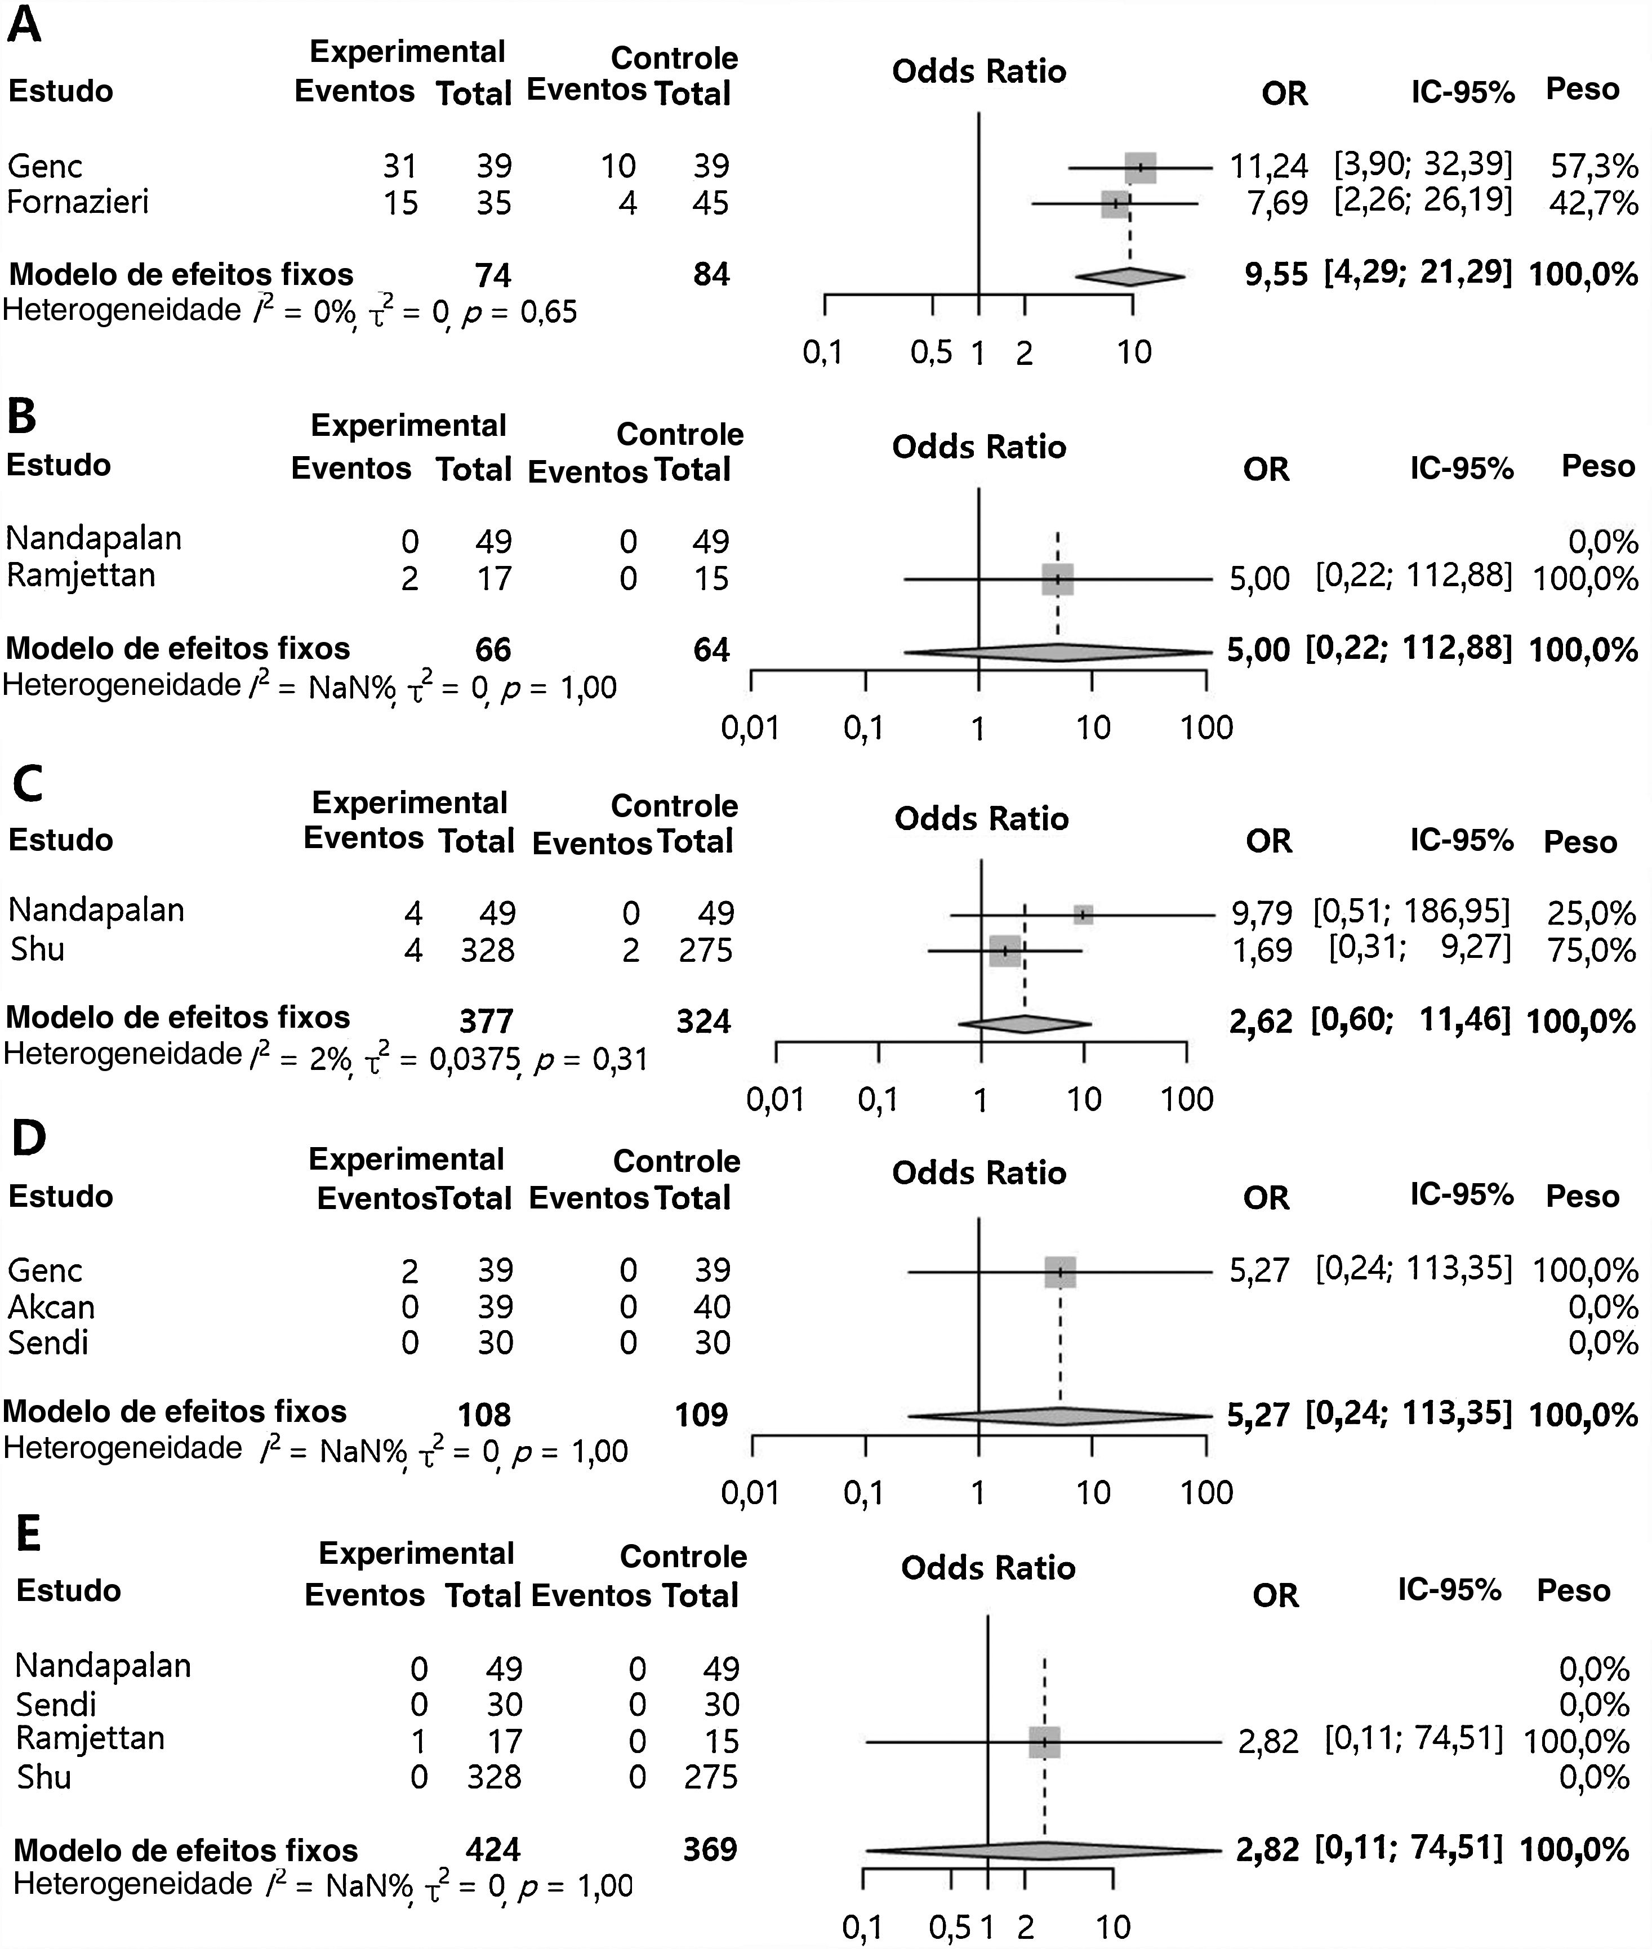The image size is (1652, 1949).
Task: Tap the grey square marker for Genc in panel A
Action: pyautogui.click(x=1141, y=168)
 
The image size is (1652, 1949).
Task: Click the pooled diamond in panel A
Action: pyautogui.click(x=1129, y=275)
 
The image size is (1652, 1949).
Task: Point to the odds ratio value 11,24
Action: pyautogui.click(x=1269, y=167)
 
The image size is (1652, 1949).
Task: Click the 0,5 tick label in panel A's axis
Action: pyautogui.click(x=931, y=353)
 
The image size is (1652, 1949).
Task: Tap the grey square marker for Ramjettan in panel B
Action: pyautogui.click(x=1057, y=579)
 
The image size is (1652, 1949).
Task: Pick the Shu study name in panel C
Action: pyautogui.click(x=38, y=949)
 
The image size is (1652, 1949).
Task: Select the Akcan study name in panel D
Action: pyautogui.click(x=51, y=1307)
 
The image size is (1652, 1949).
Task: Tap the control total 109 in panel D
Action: pyautogui.click(x=701, y=1415)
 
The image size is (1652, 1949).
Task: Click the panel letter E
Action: pyautogui.click(x=28, y=1535)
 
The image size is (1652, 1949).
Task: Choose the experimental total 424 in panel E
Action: pyautogui.click(x=493, y=1850)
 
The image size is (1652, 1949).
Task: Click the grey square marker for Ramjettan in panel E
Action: pyautogui.click(x=1044, y=1742)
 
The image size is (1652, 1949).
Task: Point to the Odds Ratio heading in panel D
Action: pyautogui.click(x=979, y=1173)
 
